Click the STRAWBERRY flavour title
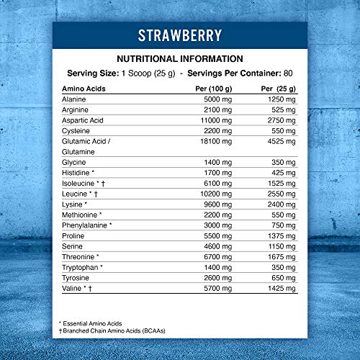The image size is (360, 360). [x=180, y=35]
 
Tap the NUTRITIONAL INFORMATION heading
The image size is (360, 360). [x=180, y=59]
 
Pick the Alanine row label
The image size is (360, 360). [x=75, y=99]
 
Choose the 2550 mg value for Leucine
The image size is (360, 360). [x=281, y=196]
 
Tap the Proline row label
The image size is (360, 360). [x=74, y=235]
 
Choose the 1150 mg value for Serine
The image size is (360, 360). [x=281, y=246]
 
